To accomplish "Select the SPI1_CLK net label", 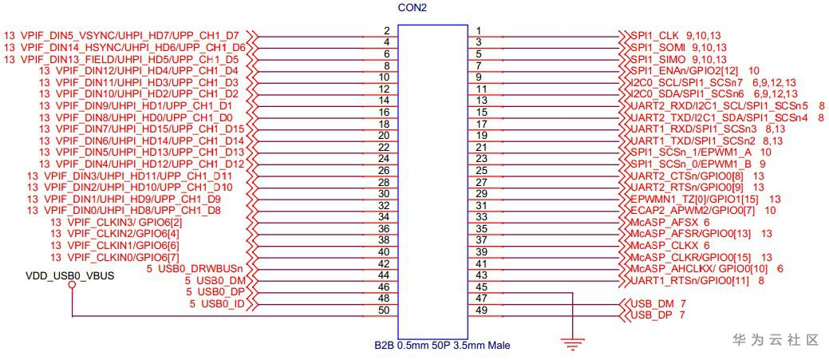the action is [655, 36].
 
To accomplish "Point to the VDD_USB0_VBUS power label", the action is [69, 276].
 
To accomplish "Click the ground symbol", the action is [570, 344].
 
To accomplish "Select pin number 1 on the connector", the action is [479, 30].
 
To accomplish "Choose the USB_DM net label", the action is [652, 304].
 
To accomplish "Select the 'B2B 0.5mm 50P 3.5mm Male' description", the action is [442, 346].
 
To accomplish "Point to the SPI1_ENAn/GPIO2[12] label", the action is [685, 70].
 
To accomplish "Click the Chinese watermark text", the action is [776, 340].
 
